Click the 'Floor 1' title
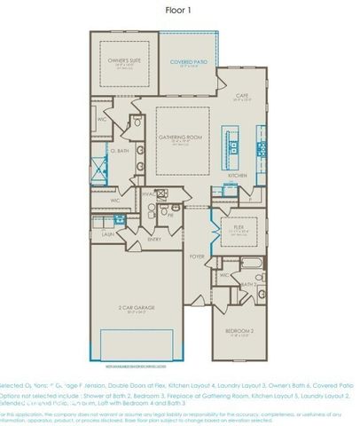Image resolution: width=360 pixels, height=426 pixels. (x=180, y=11)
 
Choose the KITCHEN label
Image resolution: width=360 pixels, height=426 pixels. (x=237, y=176)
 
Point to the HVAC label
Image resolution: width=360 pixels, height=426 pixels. (x=147, y=193)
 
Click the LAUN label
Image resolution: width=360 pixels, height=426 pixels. (x=106, y=233)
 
